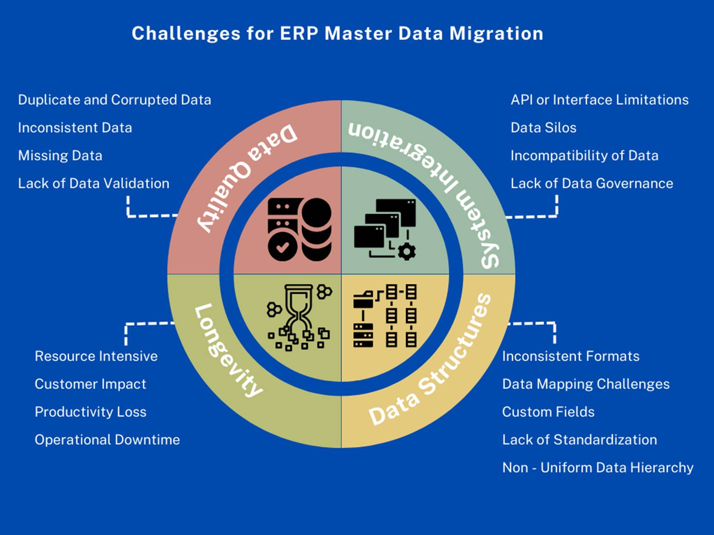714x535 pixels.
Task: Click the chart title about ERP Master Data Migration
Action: [x=338, y=33]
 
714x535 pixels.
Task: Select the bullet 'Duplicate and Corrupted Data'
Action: [x=114, y=100]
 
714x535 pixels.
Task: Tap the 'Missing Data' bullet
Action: [x=60, y=156]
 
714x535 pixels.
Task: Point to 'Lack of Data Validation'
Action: [x=93, y=184]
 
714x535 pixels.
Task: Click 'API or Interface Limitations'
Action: [x=600, y=100]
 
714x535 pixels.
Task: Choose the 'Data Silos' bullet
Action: [x=543, y=128]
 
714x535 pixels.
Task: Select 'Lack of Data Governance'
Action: [x=592, y=184]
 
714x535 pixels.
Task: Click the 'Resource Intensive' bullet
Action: [x=96, y=356]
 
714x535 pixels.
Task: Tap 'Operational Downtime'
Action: [x=107, y=440]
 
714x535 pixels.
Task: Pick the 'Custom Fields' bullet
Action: [x=548, y=412]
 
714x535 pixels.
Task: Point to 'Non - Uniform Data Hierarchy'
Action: [x=598, y=468]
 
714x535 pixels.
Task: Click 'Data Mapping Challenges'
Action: [x=586, y=384]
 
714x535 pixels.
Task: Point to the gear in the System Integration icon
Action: [x=406, y=251]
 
